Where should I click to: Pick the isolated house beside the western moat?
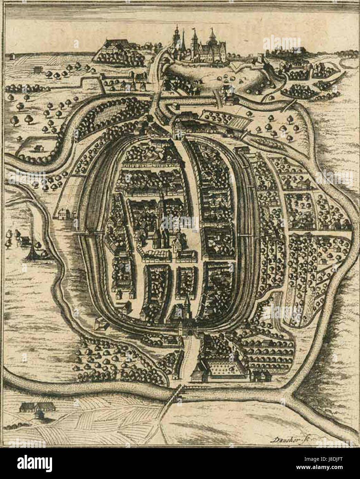[x=62, y=214]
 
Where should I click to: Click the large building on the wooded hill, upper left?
[x=114, y=45]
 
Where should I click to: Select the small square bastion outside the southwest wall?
[x=100, y=324]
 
